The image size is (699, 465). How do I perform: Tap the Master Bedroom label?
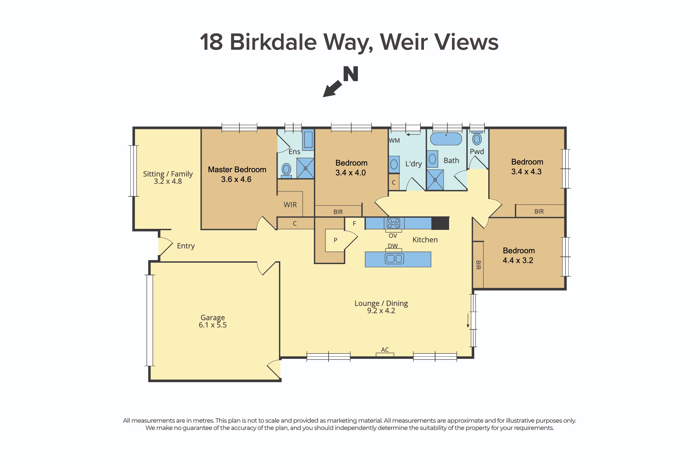tap(237, 170)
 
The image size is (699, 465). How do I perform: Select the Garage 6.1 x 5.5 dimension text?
tap(212, 325)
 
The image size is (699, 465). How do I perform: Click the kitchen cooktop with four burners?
tap(394, 223)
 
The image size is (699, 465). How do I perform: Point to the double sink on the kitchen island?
tap(394, 259)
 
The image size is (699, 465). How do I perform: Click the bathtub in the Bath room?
tap(446, 139)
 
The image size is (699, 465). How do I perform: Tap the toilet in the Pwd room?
tap(477, 139)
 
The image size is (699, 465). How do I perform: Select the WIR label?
tap(290, 205)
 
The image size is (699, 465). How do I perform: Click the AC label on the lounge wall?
tap(385, 350)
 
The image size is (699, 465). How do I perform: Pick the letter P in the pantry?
tap(336, 240)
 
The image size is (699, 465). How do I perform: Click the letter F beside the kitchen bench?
tap(354, 224)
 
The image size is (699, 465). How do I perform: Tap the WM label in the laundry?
tap(394, 141)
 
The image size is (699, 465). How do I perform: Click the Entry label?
tap(186, 246)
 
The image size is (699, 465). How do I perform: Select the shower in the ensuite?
tap(305, 168)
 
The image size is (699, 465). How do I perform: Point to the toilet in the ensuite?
tap(286, 170)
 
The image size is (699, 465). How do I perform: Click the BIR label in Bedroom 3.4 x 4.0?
tap(338, 212)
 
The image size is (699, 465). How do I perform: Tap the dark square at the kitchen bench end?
tap(440, 223)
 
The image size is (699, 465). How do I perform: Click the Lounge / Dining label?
tap(381, 303)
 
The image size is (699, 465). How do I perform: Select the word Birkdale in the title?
tap(273, 42)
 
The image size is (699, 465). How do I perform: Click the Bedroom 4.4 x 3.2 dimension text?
tap(518, 261)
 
